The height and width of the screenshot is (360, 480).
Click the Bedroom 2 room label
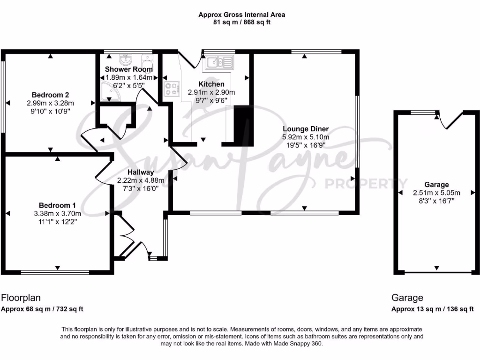51,95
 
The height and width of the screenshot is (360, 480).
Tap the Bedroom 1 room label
58,205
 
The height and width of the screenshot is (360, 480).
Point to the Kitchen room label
211,84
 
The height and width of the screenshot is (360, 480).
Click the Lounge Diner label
305,129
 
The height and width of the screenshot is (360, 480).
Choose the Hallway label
141,172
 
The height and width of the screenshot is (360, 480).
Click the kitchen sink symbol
217,62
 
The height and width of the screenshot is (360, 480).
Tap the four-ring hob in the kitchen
172,89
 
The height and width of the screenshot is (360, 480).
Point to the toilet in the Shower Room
147,61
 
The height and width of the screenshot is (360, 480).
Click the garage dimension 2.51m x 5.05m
436,193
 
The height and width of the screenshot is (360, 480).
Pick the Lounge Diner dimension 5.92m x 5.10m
305,137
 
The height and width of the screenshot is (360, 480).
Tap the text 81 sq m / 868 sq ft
241,22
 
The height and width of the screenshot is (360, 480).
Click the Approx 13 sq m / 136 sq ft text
432,309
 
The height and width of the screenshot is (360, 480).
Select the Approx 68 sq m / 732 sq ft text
42,309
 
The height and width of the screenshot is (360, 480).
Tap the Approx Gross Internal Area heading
241,15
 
